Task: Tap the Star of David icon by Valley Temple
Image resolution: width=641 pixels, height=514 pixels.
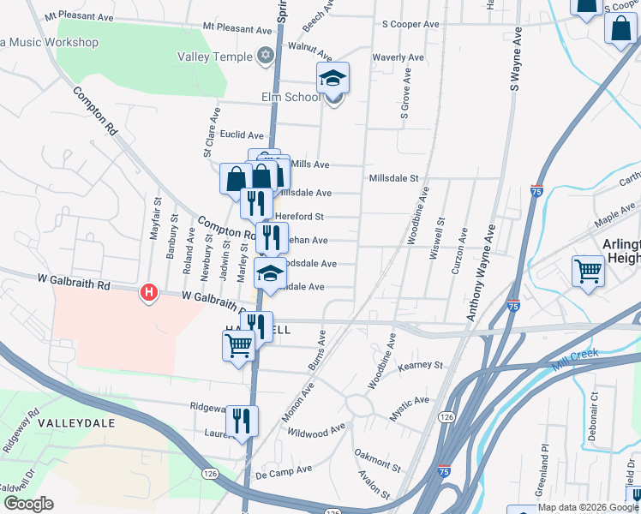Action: point(266,57)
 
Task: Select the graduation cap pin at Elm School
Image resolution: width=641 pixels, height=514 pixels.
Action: point(332,79)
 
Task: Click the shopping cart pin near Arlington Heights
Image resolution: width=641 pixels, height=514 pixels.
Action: point(588,272)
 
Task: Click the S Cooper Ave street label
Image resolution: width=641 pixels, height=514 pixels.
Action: point(410,24)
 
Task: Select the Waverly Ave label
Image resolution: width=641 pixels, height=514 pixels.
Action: point(398,58)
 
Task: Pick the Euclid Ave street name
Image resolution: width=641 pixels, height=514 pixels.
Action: point(243,135)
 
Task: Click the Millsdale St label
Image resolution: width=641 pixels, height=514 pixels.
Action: point(393,178)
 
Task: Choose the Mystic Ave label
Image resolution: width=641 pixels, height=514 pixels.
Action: point(410,401)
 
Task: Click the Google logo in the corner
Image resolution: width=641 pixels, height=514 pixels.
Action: point(28,504)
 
